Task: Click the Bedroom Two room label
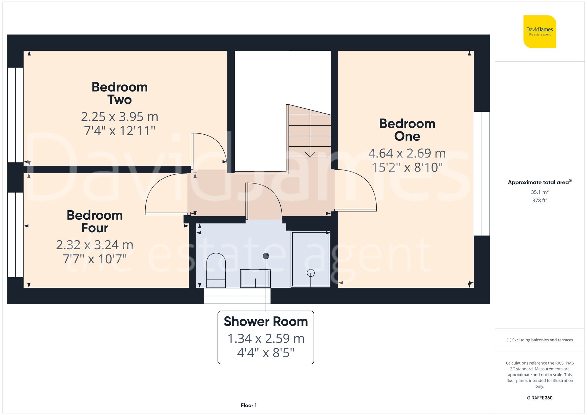point(119,93)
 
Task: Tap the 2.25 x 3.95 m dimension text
point(119,117)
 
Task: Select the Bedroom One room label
point(407,130)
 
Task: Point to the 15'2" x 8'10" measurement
point(407,167)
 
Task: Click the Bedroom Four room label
point(95,221)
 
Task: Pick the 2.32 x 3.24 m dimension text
point(95,245)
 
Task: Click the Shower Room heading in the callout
point(266,321)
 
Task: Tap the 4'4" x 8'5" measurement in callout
point(266,353)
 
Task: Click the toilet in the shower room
point(216,270)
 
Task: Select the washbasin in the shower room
point(255,278)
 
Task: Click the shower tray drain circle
point(311,273)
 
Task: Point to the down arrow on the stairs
point(310,153)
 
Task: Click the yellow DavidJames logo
point(539,32)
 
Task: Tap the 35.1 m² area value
point(539,192)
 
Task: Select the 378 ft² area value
point(539,200)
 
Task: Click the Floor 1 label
point(249,405)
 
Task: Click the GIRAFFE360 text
point(539,398)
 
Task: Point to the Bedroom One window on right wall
point(482,174)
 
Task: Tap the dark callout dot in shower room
point(266,256)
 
